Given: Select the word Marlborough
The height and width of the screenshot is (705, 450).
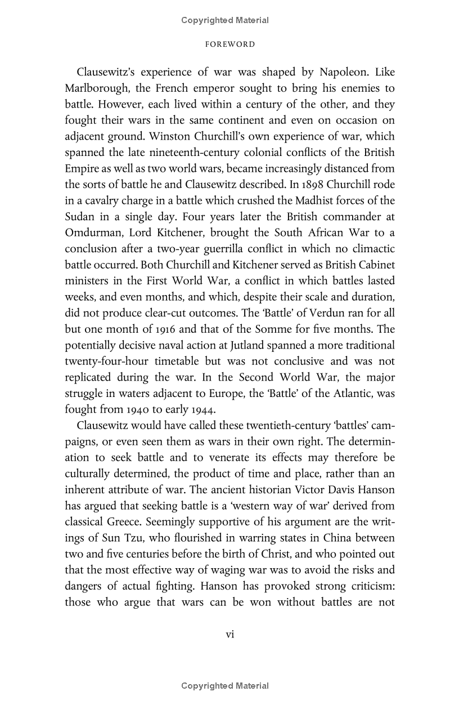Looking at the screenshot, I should coord(97,89).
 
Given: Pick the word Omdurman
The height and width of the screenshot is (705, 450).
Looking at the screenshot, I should coord(92,233).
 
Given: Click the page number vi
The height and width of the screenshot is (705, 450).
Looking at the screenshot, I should coord(229,634).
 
